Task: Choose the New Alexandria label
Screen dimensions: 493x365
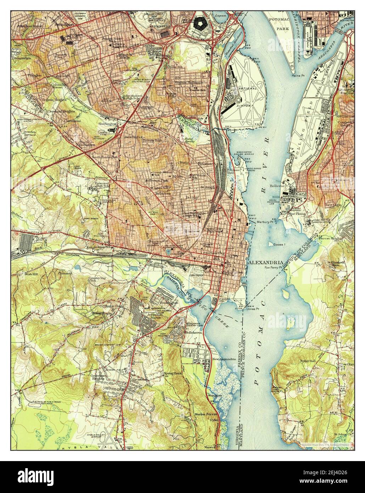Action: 224,359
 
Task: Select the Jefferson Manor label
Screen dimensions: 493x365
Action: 153,316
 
